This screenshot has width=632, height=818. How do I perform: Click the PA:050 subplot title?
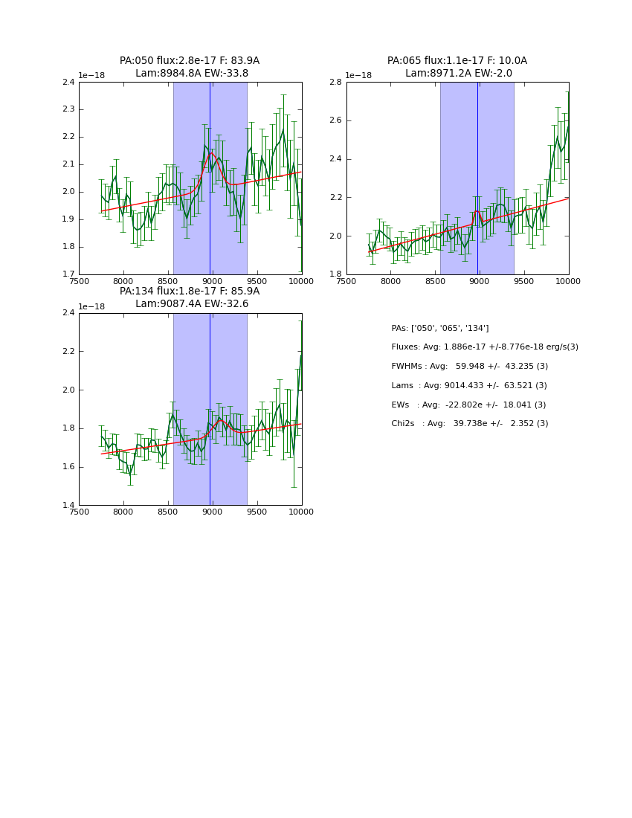click(x=190, y=67)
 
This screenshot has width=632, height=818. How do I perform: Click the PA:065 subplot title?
click(x=457, y=67)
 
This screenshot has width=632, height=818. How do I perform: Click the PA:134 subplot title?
click(x=190, y=297)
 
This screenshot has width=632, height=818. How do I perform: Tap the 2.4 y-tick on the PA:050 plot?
click(x=68, y=82)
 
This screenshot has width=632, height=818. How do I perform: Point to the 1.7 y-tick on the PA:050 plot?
click(x=68, y=274)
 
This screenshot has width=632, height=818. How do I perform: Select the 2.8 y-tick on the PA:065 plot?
click(x=335, y=82)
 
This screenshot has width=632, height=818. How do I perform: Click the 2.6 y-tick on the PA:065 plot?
click(x=335, y=120)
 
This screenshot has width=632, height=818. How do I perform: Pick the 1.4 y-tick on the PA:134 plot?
click(x=68, y=506)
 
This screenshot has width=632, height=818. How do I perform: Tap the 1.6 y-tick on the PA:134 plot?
click(x=68, y=467)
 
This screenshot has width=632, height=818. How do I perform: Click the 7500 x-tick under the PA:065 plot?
click(x=346, y=282)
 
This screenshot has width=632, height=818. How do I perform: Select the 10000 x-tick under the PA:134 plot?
click(x=301, y=512)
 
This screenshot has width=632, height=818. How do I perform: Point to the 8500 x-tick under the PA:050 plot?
click(x=168, y=282)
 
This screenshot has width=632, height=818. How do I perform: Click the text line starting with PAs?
click(x=440, y=328)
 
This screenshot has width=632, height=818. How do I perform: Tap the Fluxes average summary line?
click(x=485, y=347)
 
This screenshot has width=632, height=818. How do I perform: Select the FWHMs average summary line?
click(x=470, y=366)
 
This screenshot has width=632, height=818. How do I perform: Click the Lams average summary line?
click(x=469, y=385)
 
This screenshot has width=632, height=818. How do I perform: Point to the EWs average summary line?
click(x=468, y=405)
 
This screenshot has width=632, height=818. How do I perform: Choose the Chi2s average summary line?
click(x=470, y=423)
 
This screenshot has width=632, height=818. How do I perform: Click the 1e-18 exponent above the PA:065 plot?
click(x=358, y=75)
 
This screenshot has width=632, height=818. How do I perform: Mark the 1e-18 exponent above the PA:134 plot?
click(x=91, y=306)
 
